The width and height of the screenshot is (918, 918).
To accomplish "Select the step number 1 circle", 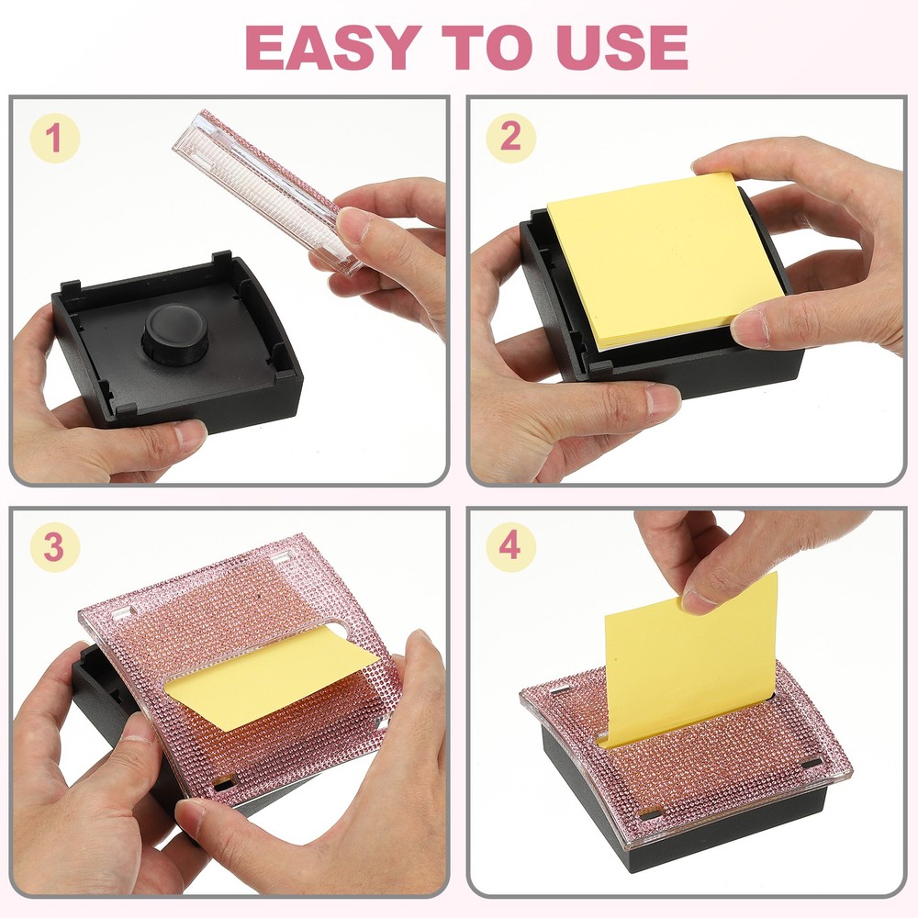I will coord(55,139).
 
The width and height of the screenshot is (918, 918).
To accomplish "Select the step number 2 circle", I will coord(510,139).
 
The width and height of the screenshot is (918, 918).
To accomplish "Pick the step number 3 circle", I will coord(55,548).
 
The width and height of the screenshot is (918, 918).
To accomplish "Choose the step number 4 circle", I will coord(510,548).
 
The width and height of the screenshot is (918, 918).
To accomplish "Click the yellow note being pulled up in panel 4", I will coord(688,661).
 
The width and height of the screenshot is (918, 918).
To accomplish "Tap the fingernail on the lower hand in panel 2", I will coord(663,402).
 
